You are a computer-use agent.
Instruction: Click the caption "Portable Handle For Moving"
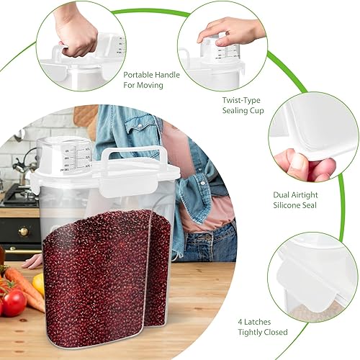(x=143, y=79)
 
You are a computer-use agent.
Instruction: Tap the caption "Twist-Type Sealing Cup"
(x=243, y=104)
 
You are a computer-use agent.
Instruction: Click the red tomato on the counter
(x=14, y=303)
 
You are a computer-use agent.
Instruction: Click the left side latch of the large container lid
(x=35, y=183)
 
